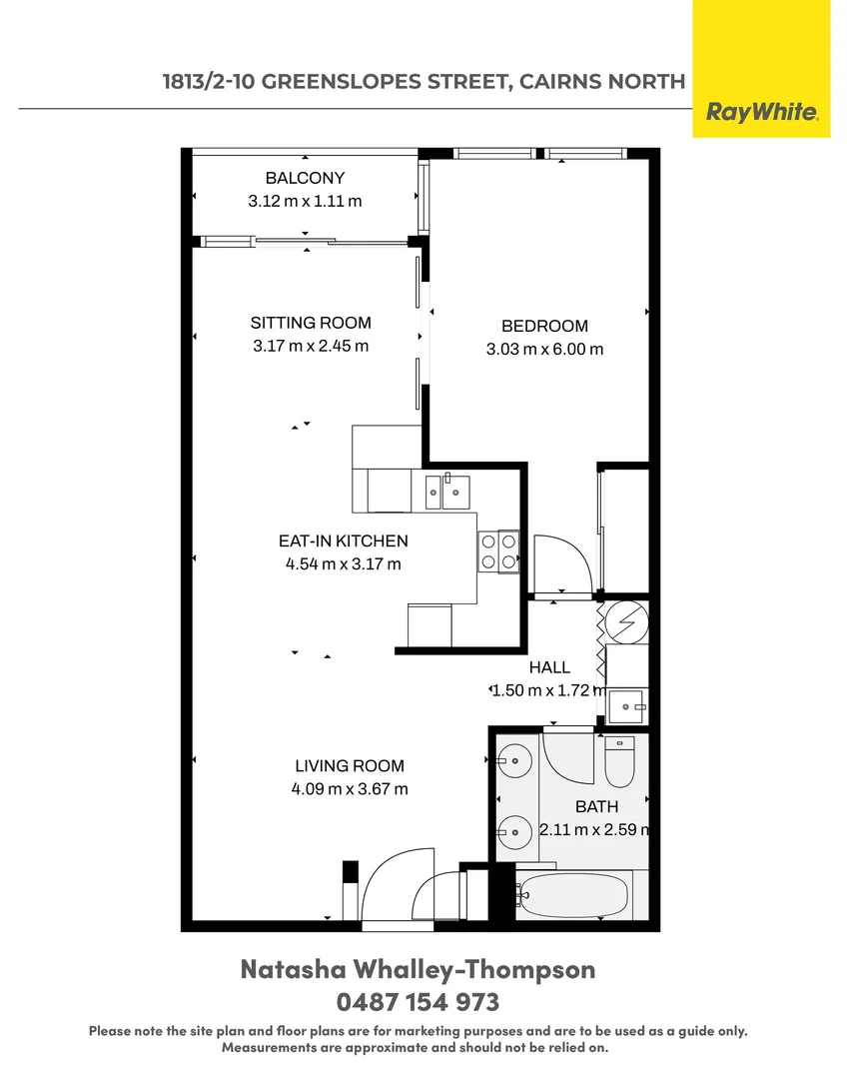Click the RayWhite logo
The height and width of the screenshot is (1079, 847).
pyautogui.click(x=762, y=112)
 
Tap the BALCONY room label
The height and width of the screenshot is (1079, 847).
pyautogui.click(x=305, y=178)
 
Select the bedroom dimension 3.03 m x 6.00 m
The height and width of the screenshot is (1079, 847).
pyautogui.click(x=544, y=349)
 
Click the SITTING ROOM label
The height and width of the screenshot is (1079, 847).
pyautogui.click(x=310, y=323)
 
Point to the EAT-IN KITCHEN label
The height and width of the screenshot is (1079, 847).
pyautogui.click(x=343, y=540)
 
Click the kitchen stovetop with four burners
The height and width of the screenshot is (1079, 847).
pyautogui.click(x=498, y=550)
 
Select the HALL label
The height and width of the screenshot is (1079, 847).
pyautogui.click(x=549, y=667)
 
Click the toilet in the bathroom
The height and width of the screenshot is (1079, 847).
pyautogui.click(x=619, y=761)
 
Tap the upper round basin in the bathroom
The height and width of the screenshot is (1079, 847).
pyautogui.click(x=515, y=760)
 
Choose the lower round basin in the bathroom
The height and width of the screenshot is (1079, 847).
pyautogui.click(x=515, y=829)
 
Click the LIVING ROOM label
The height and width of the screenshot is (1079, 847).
pyautogui.click(x=350, y=766)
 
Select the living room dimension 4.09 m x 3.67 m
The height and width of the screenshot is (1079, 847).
pyautogui.click(x=350, y=789)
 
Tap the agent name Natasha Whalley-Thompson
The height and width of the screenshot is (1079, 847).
pyautogui.click(x=419, y=969)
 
